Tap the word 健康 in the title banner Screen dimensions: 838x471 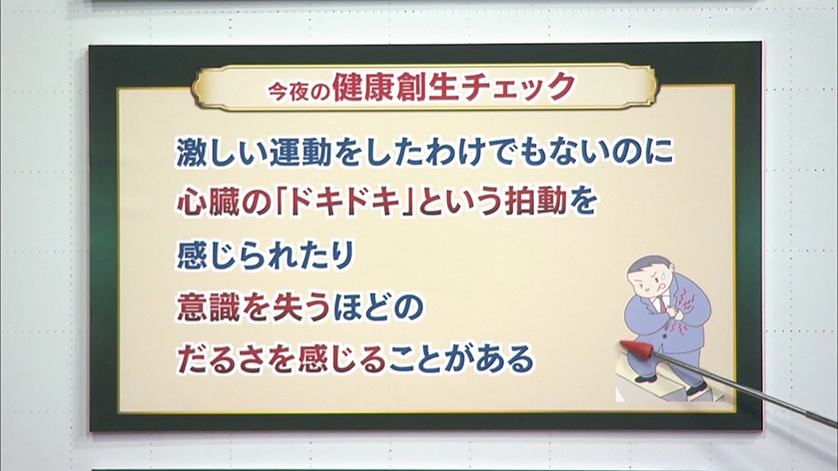click(362, 87)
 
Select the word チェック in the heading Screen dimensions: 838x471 click(518, 87)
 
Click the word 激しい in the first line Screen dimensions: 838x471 click(223, 153)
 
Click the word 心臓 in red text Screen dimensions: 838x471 click(209, 201)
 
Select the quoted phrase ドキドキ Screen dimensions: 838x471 click(346, 201)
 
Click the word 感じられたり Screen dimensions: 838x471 click(265, 255)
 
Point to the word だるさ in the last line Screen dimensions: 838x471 click(222, 358)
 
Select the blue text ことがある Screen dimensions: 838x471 click(460, 358)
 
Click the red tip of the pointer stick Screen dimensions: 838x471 click(636, 348)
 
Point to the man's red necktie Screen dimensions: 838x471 click(663, 304)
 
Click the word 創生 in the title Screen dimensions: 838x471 click(428, 87)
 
